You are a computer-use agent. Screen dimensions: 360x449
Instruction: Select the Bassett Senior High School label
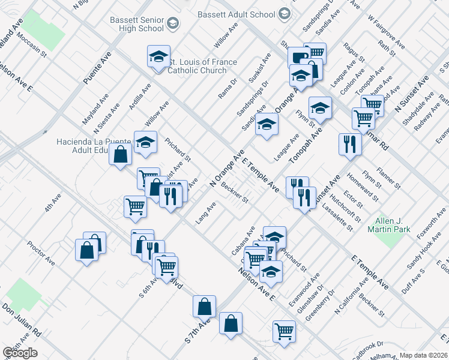point(137,23)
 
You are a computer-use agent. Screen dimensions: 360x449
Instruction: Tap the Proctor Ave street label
point(41,253)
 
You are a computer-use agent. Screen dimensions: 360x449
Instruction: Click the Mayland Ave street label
point(95,108)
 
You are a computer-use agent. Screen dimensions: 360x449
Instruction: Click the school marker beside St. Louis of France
point(159,57)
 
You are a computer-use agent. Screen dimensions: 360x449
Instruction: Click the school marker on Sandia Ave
point(267,125)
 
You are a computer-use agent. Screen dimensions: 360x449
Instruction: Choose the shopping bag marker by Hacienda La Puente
point(121,154)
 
